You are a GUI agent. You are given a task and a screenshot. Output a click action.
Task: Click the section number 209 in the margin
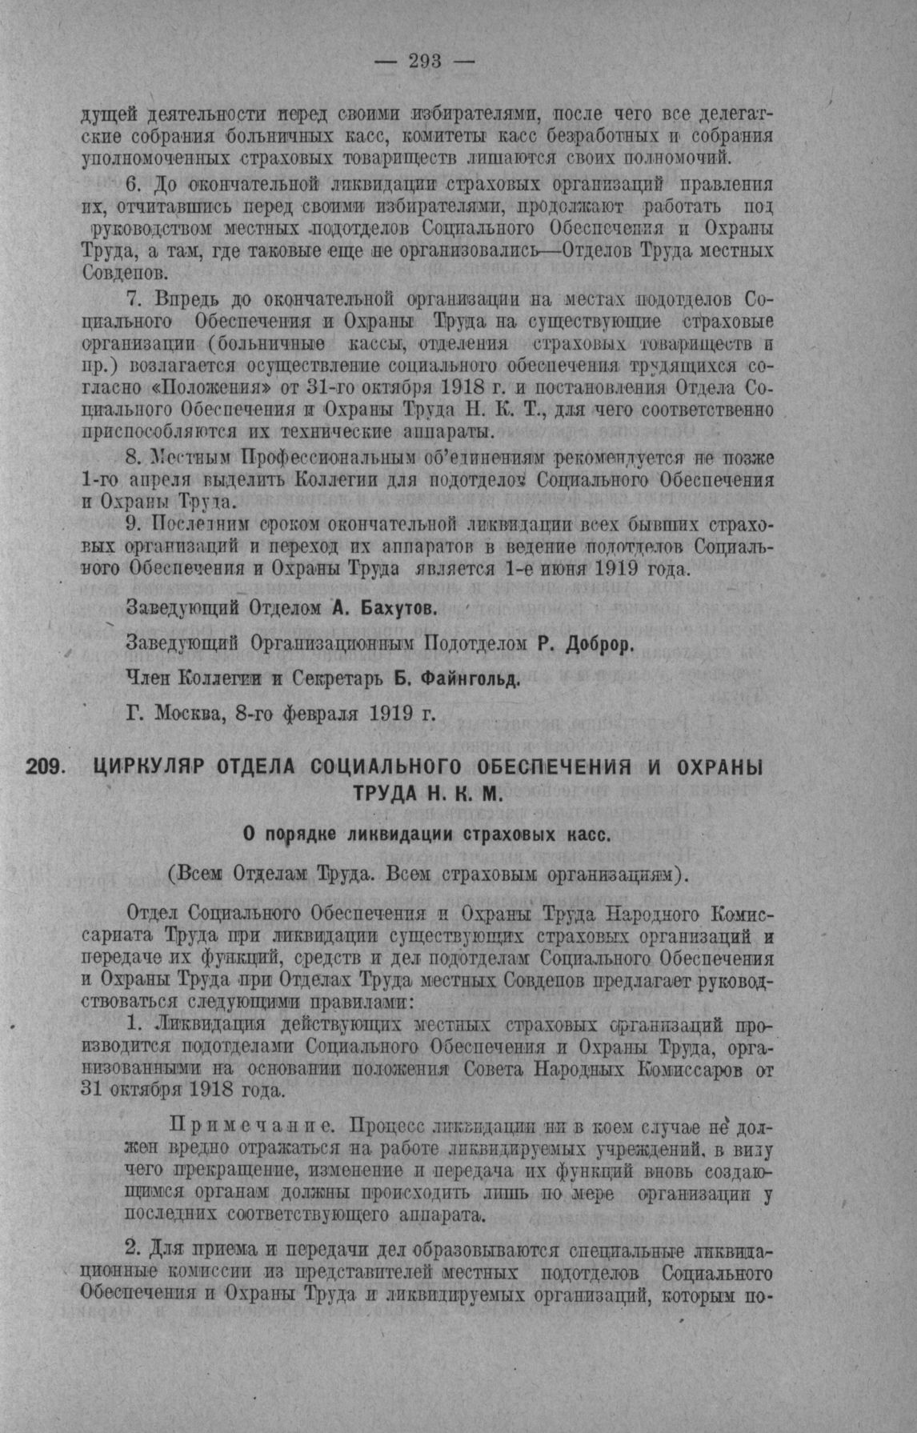46,766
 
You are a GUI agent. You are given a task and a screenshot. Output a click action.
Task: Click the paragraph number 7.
134,300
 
